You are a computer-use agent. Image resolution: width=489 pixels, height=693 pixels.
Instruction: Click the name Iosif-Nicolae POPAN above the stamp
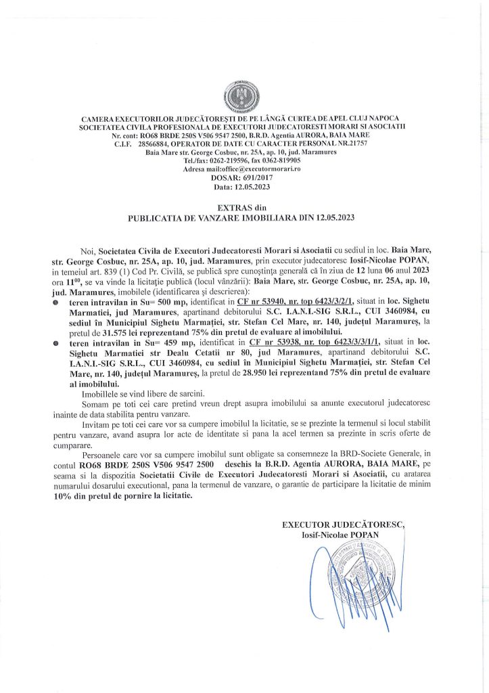341,534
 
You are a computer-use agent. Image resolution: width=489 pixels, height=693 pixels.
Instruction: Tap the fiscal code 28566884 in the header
154,143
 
